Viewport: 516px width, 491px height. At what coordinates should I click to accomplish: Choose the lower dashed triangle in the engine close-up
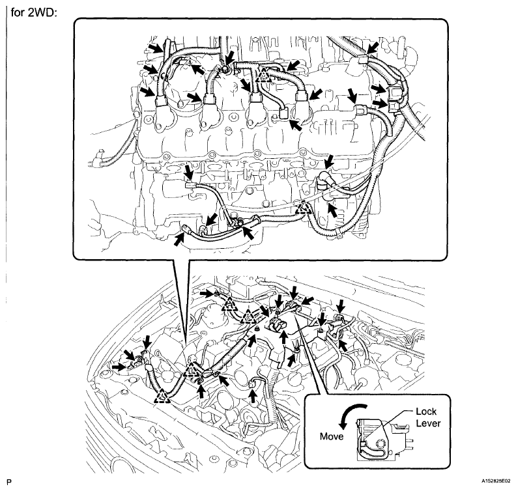click(x=304, y=208)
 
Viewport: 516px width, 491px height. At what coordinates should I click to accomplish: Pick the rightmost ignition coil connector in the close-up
click(x=302, y=98)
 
